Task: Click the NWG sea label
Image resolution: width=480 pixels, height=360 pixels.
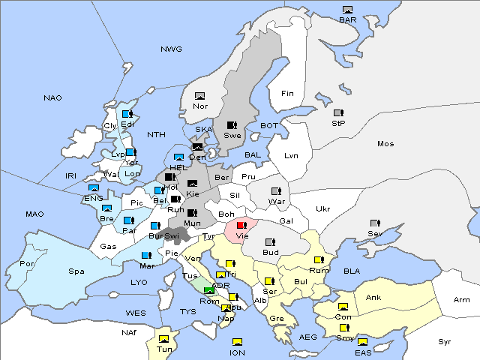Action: click(x=171, y=49)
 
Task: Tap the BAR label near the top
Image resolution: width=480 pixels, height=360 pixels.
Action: click(x=347, y=19)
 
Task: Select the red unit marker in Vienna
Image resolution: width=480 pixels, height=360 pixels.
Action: click(x=241, y=225)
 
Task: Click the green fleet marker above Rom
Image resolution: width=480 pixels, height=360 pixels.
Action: click(x=209, y=290)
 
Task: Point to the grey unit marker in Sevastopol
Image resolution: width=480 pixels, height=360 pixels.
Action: click(x=375, y=223)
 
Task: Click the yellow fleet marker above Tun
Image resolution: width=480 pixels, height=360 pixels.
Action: click(x=164, y=339)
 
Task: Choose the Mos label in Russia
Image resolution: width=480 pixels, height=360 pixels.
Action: click(x=385, y=143)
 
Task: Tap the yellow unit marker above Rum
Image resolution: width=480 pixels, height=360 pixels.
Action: click(x=319, y=260)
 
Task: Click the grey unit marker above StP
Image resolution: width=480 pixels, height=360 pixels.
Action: click(x=338, y=113)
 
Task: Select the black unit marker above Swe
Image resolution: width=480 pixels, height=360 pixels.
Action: click(x=232, y=125)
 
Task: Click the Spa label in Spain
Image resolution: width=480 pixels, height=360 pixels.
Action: click(x=76, y=271)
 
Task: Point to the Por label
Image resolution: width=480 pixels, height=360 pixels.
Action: click(x=27, y=264)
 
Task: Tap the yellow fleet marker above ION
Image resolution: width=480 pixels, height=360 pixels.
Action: click(x=237, y=342)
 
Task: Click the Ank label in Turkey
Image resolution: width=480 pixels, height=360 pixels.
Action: click(x=373, y=298)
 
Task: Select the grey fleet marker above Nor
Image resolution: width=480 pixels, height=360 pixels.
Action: click(x=199, y=96)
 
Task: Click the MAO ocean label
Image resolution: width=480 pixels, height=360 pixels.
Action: click(x=34, y=214)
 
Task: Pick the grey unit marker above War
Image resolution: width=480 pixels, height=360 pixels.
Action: click(x=276, y=191)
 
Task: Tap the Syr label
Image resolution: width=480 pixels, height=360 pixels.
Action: click(x=445, y=341)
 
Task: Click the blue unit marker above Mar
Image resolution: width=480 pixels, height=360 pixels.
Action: click(x=147, y=256)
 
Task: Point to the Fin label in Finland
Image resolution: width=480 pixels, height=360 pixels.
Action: click(x=286, y=94)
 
